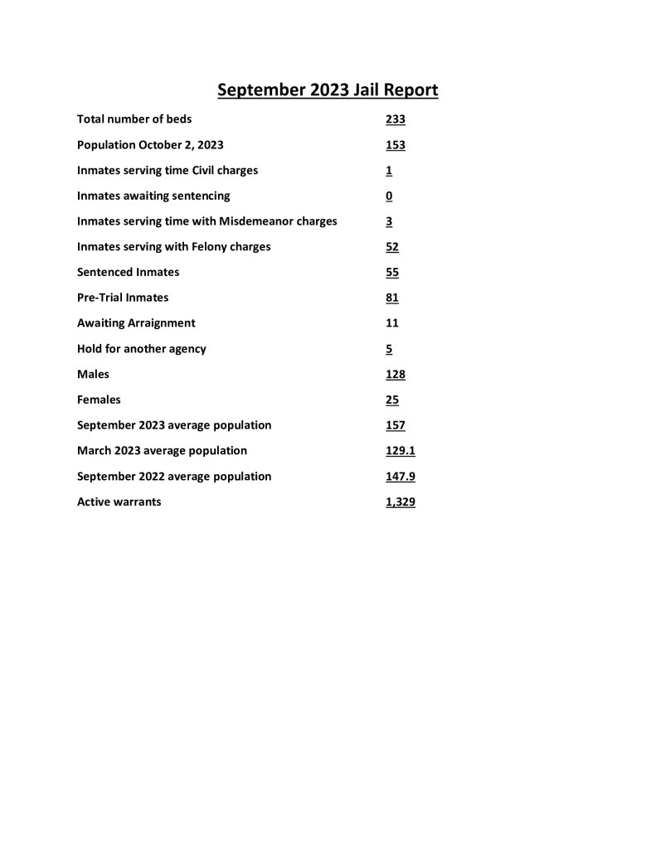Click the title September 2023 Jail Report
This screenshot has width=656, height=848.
tap(328, 90)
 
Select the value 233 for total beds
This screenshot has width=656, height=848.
tap(395, 119)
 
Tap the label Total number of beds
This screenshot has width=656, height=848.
tap(134, 119)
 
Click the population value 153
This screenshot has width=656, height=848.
tap(395, 145)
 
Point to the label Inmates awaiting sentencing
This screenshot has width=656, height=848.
tap(153, 196)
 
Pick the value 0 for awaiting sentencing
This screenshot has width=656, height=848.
tap(389, 196)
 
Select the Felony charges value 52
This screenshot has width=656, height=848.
tap(392, 247)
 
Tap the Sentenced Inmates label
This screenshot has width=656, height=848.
tap(128, 272)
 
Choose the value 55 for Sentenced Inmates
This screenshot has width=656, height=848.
tap(392, 272)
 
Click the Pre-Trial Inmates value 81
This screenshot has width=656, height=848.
tap(392, 298)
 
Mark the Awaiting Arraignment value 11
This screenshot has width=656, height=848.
tap(392, 323)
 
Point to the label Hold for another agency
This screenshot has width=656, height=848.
tap(141, 349)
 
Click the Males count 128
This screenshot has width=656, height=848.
tap(395, 375)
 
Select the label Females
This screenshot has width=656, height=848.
tap(99, 400)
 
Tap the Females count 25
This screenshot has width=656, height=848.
tap(392, 400)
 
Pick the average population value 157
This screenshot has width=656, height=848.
tap(395, 425)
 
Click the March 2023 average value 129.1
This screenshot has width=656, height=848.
tap(400, 451)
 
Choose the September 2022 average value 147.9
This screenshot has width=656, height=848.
tap(400, 477)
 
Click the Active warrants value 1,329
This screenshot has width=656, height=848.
tap(400, 502)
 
